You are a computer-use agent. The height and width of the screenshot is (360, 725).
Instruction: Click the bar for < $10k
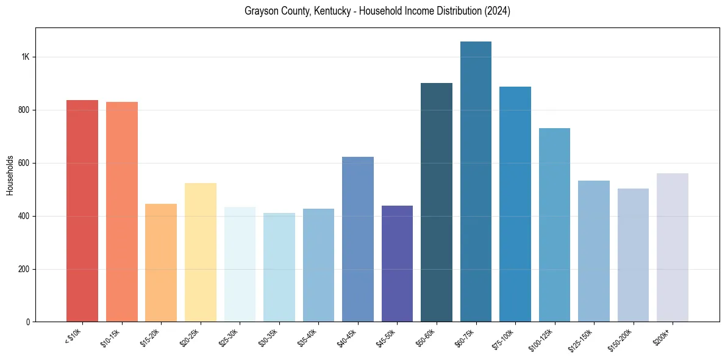[82, 211]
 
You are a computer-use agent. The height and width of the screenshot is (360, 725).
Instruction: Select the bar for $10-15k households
[121, 212]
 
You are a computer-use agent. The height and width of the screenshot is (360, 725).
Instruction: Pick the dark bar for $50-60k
[437, 202]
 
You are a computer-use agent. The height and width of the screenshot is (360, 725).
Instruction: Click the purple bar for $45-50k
[397, 264]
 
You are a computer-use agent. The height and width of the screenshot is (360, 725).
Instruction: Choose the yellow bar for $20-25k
[201, 252]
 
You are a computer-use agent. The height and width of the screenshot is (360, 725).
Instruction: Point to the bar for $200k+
[673, 247]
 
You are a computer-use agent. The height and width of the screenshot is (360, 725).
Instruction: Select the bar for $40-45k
[358, 239]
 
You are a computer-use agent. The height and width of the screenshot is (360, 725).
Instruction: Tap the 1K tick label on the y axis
[25, 57]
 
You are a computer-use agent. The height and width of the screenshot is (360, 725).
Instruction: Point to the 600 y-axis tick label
[23, 163]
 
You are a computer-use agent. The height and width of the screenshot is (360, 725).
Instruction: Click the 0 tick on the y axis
[27, 322]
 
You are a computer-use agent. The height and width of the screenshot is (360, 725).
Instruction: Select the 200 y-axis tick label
[23, 269]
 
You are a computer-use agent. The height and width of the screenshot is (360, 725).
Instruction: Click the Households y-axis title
[10, 175]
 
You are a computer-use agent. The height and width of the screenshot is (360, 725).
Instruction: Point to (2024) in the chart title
[498, 11]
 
